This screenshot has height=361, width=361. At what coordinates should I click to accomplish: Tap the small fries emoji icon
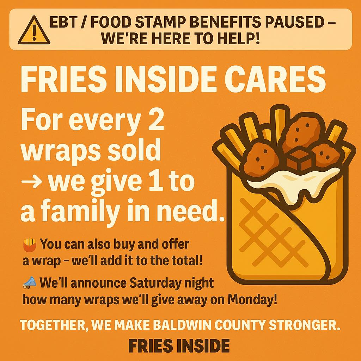tap(30, 245)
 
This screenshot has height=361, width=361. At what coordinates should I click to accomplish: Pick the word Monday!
tap(252, 299)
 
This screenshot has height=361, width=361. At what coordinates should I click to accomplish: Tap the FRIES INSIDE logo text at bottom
tap(179, 346)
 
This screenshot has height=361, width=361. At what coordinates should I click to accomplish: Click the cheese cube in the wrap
tap(299, 160)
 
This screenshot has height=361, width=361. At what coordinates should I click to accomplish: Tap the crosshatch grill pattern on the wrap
tap(273, 233)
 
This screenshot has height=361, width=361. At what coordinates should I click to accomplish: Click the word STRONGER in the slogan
tap(304, 325)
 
